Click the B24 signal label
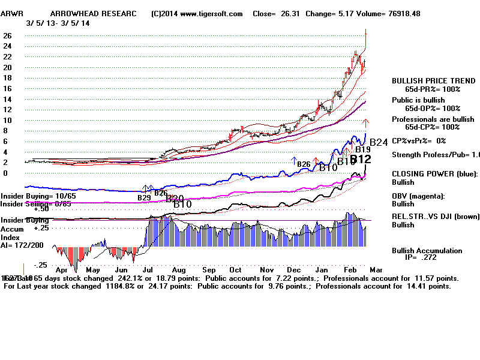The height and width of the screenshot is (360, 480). [x=379, y=142]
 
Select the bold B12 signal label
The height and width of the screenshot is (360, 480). [x=361, y=160]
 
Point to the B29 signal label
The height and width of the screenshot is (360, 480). [x=144, y=197]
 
